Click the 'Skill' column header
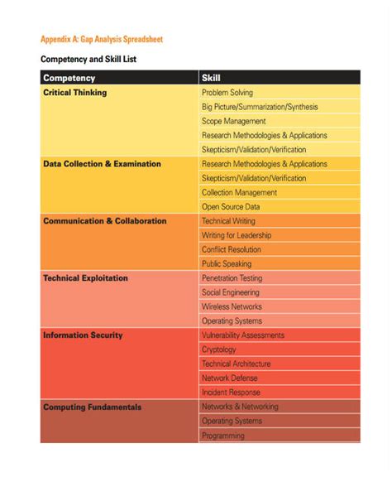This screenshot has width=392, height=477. coord(211,78)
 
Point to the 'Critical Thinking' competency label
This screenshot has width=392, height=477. coord(74,93)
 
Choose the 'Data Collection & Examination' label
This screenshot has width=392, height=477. coord(102,164)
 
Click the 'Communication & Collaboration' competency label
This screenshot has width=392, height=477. coord(104,221)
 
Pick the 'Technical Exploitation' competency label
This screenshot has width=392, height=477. coord(85,278)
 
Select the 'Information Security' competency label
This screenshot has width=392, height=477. coord(83,335)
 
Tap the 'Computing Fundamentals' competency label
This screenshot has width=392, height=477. coord(92,407)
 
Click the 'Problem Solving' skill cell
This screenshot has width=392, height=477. coord(227,93)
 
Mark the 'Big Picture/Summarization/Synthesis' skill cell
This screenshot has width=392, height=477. coord(260,107)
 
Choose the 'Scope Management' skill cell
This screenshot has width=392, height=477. coord(233,121)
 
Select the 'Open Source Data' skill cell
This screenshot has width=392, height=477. coord(231,207)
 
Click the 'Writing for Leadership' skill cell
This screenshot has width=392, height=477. coord(237,235)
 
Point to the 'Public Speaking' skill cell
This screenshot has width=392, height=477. coord(227,264)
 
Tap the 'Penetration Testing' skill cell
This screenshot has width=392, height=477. coord(232,278)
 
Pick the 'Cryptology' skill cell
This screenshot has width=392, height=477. coord(219,349)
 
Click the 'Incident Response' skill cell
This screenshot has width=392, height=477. coord(231,393)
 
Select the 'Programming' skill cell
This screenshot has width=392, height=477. coord(223,436)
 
